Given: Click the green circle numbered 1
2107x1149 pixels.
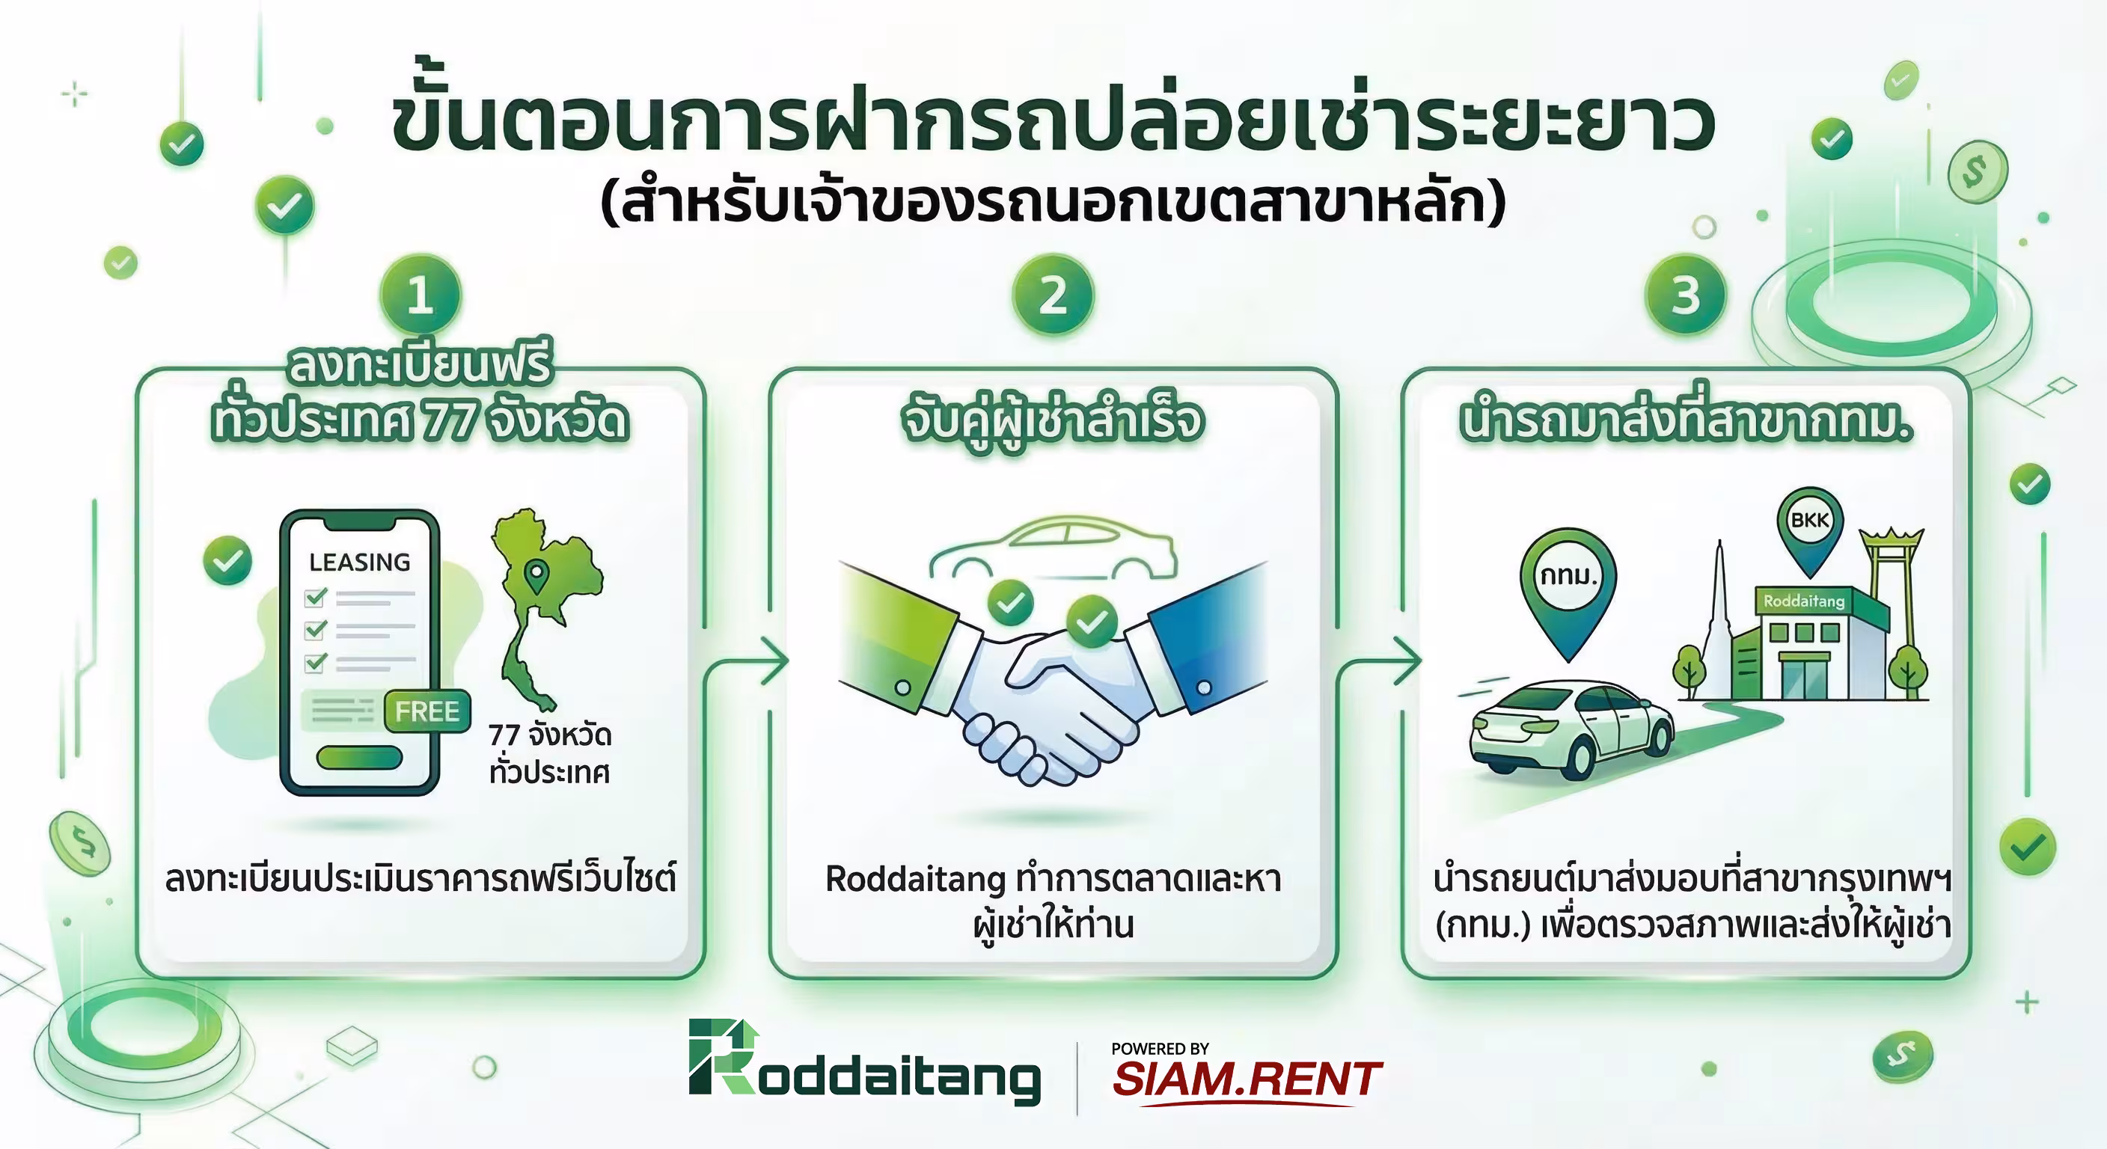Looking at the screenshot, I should pos(421,295).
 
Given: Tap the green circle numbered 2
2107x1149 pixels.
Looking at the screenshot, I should pos(1053,295).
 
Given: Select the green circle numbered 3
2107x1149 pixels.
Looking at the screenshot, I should pos(1685,295).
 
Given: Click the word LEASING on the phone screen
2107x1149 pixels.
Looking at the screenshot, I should pos(359,563).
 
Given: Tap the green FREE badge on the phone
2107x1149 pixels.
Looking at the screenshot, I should pos(427,711).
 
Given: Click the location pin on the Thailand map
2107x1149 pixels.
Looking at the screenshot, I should pos(536,576).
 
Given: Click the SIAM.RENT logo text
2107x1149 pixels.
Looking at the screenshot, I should pos(1247,1079).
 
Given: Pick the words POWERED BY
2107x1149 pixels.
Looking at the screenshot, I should pos(1159,1049).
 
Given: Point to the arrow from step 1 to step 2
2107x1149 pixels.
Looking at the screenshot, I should pos(772,661).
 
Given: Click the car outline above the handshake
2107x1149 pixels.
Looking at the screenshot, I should pos(1053,548).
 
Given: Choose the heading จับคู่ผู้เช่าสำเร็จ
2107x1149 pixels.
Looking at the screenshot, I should pos(1053,420).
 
